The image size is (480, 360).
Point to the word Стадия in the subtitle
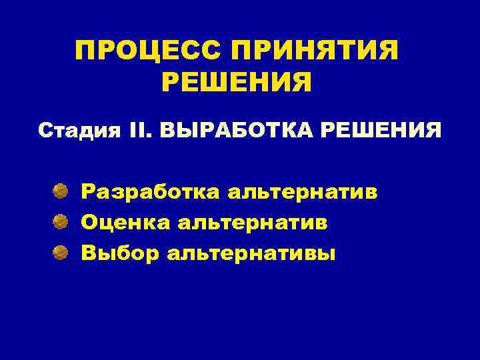tap(79, 129)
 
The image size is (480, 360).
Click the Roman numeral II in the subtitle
tap(141, 129)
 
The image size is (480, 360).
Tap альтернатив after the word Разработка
tap(302, 193)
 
